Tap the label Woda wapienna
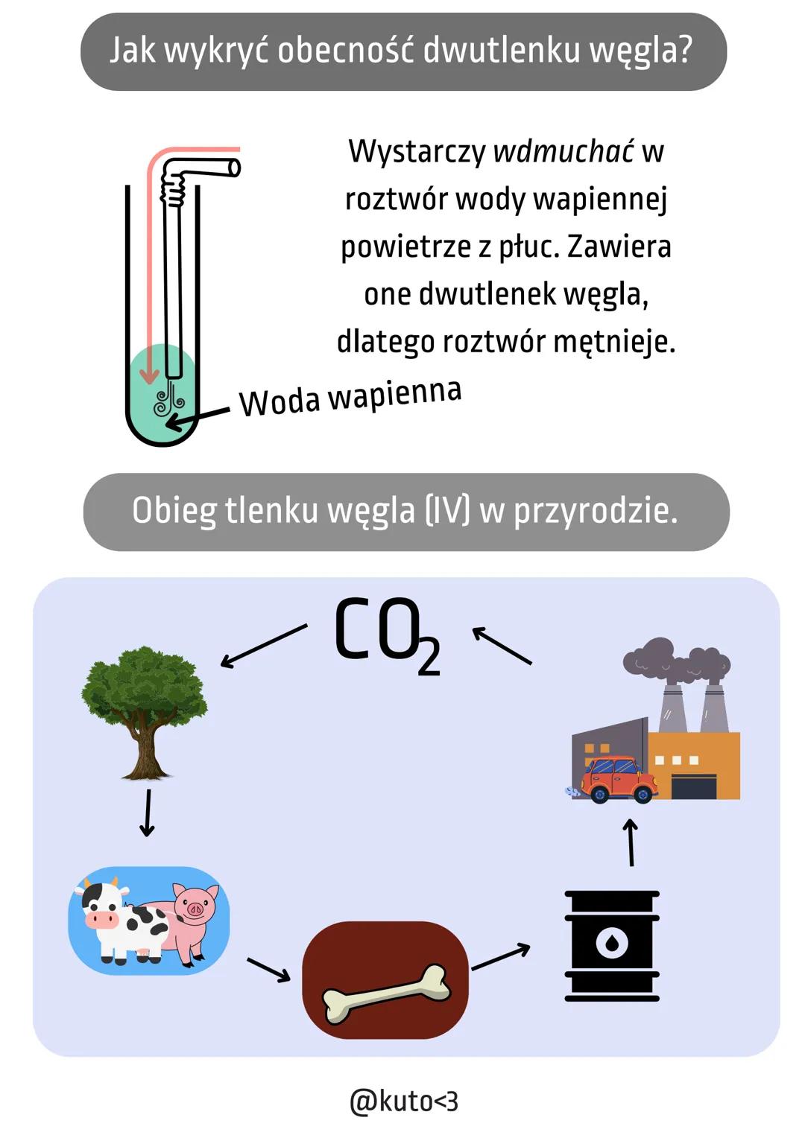pyautogui.click(x=350, y=397)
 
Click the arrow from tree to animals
pyautogui.click(x=148, y=813)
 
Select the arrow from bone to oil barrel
pyautogui.click(x=501, y=958)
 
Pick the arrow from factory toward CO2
pyautogui.click(x=502, y=645)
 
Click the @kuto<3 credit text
pyautogui.click(x=403, y=1101)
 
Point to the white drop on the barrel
pyautogui.click(x=612, y=944)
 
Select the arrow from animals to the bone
pyautogui.click(x=268, y=970)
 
